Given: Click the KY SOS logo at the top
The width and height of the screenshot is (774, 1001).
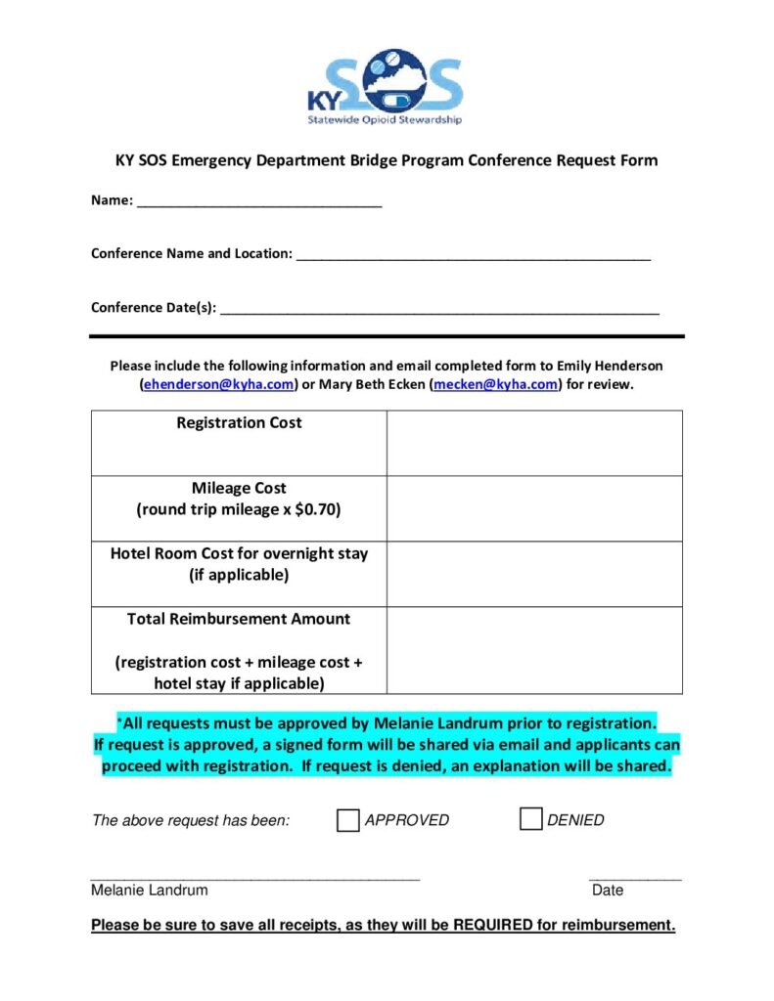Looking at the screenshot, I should pos(385,86).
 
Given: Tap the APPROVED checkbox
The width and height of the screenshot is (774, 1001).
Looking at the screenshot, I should pos(347,820).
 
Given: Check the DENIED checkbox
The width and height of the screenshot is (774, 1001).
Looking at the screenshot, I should pos(530,819).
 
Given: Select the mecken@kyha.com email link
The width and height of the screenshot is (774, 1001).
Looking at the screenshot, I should pos(496,385).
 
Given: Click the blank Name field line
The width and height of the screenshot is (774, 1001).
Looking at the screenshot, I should pos(259,202).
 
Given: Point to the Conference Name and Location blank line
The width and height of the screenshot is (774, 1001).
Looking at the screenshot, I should pos(473,255).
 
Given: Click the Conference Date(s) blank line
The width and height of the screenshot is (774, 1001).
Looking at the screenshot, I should pos(439,309).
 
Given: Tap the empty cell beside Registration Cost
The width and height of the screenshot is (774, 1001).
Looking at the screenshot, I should pos(534,443).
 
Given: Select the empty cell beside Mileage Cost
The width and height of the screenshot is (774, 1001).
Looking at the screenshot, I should pos(534,508).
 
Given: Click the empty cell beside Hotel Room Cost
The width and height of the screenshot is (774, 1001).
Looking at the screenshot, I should pos(534,574).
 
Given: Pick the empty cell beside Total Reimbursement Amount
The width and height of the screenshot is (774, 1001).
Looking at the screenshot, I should pos(534,650).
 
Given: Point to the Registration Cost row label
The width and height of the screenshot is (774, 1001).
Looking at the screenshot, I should pos(239,423).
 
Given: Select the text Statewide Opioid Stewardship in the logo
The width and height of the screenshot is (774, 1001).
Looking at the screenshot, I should pos(385,121).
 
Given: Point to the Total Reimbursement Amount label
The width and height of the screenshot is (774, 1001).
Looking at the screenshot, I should pos(239,619).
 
